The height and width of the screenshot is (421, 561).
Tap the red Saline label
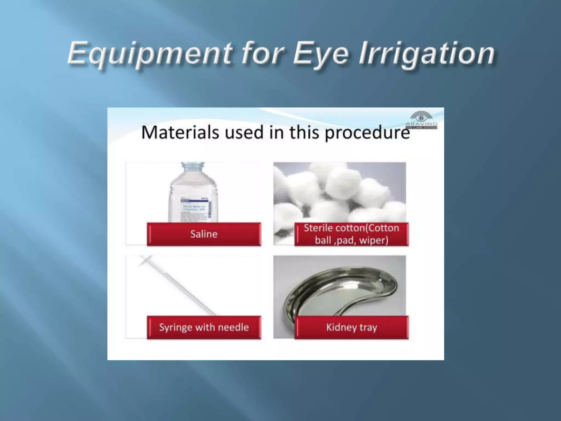(x=204, y=234)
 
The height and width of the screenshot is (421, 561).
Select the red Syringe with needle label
(x=204, y=327)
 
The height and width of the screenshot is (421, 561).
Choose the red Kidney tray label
(x=351, y=327)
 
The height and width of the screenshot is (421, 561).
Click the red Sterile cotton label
(x=351, y=234)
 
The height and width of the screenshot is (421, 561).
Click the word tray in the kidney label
(x=368, y=327)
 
